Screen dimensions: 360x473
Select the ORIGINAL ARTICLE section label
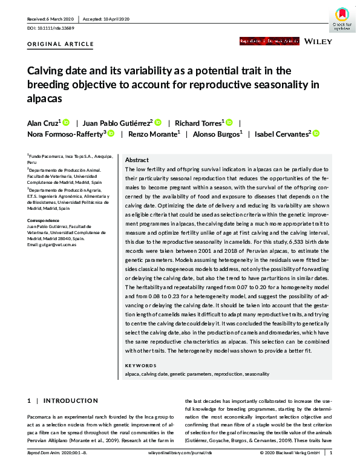click(x=61, y=44)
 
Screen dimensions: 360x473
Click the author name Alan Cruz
click(x=43, y=122)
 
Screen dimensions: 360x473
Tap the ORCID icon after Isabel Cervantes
click(x=315, y=134)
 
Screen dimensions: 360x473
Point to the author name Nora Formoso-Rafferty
click(x=65, y=134)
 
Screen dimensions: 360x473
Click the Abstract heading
click(x=136, y=160)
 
